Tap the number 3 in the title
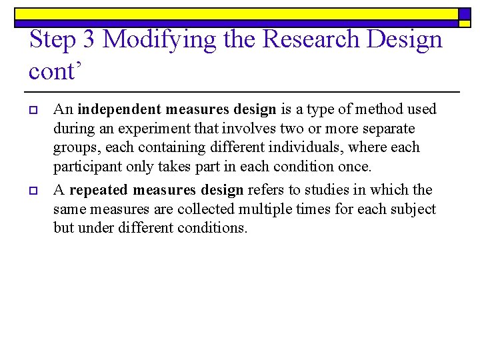(x=88, y=39)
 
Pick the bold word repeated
(x=101, y=191)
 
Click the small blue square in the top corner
(x=465, y=14)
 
